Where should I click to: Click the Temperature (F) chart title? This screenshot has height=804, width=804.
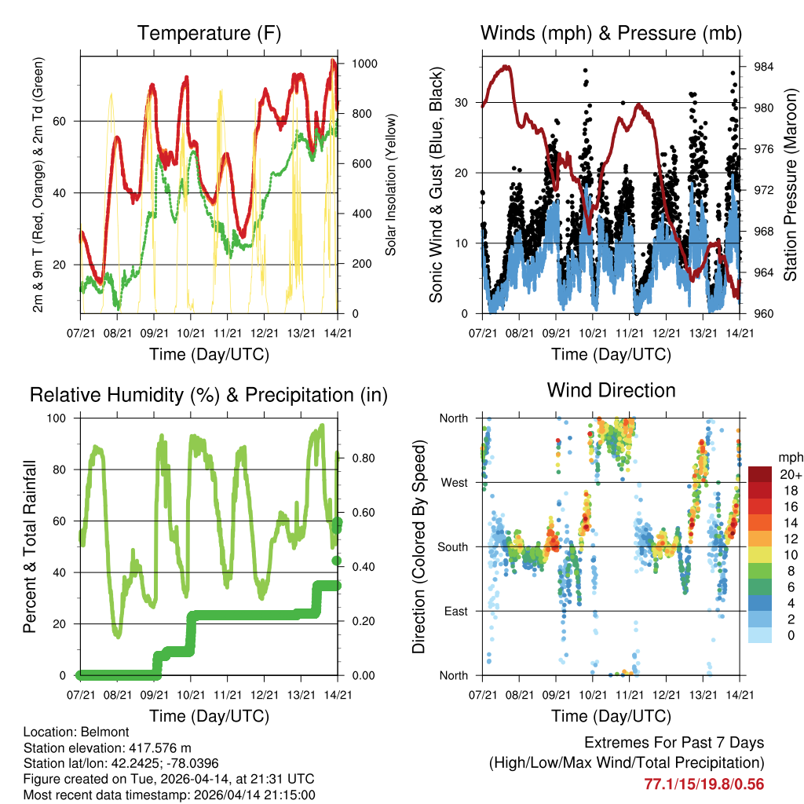(209, 33)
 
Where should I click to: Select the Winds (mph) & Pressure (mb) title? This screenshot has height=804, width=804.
(611, 33)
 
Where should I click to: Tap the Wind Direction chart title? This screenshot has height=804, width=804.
(611, 389)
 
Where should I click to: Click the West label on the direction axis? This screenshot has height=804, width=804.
(454, 482)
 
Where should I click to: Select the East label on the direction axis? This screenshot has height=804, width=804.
(455, 611)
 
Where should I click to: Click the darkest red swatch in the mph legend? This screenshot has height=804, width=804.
(760, 475)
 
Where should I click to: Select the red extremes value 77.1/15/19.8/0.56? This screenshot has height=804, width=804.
(703, 784)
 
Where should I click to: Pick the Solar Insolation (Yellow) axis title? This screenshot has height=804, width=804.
(390, 185)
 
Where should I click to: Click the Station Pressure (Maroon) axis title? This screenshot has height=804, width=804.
(791, 186)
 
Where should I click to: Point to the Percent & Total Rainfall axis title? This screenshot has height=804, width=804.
(29, 547)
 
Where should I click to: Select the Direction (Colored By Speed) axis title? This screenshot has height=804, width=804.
(418, 547)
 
